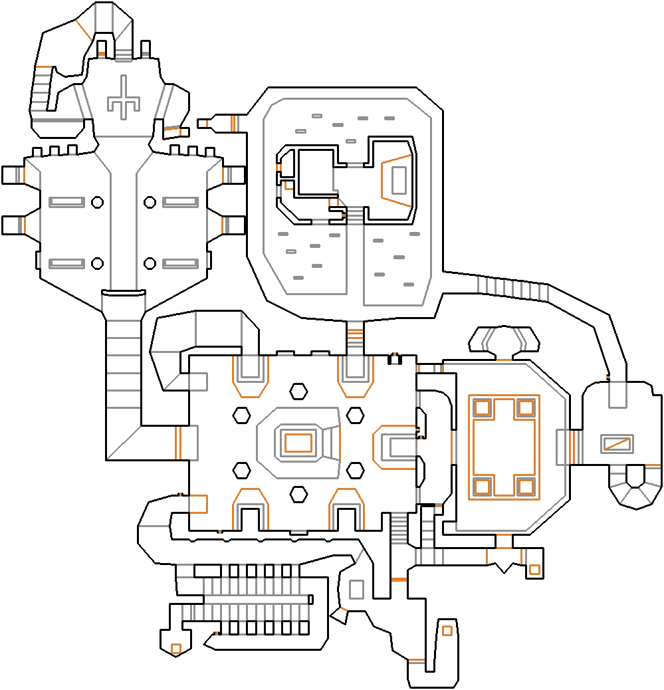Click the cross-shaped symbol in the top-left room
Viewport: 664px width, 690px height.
(x=123, y=101)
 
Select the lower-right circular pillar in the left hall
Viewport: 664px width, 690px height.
(x=150, y=263)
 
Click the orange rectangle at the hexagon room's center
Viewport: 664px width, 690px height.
(x=298, y=442)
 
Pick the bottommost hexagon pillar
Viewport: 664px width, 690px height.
(x=298, y=494)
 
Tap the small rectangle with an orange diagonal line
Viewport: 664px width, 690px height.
(x=616, y=443)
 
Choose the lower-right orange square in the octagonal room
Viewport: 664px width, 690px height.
(x=526, y=487)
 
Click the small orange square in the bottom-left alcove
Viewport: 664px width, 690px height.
(x=176, y=648)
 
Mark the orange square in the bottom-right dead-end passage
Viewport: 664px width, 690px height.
(x=447, y=630)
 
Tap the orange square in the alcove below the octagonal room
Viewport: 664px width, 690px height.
(x=534, y=570)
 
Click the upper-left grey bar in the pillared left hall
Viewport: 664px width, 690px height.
(x=66, y=201)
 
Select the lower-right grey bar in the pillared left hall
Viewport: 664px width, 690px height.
(x=180, y=263)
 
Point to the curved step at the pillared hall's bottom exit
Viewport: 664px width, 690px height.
(x=123, y=292)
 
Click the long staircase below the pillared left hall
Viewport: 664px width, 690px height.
(x=123, y=372)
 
